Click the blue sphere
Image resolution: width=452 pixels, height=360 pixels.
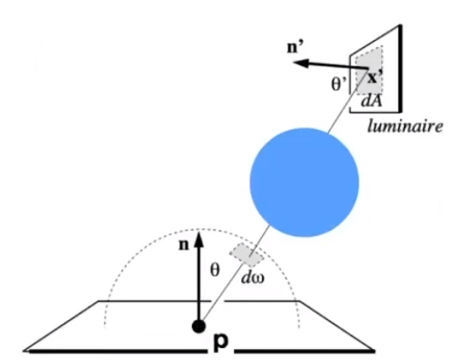(303, 180)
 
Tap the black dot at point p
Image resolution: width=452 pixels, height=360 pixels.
(199, 326)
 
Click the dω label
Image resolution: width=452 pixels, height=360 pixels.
(253, 276)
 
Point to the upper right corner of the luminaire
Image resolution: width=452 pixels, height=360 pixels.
(399, 26)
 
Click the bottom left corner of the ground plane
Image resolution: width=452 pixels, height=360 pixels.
(25, 350)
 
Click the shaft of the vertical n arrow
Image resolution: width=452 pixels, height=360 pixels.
(199, 284)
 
